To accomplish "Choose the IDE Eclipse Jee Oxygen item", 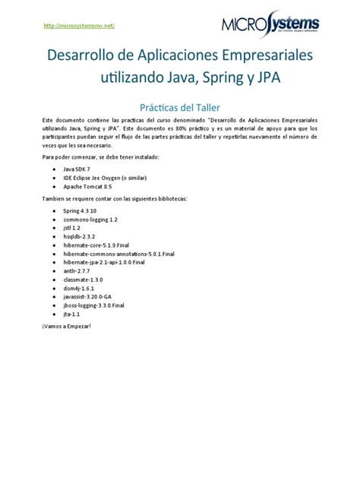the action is [x=104, y=177].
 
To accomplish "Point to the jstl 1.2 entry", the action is [x=71, y=228].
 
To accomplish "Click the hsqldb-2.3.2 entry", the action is [x=79, y=237].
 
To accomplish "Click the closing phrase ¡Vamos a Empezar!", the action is [x=66, y=326].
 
